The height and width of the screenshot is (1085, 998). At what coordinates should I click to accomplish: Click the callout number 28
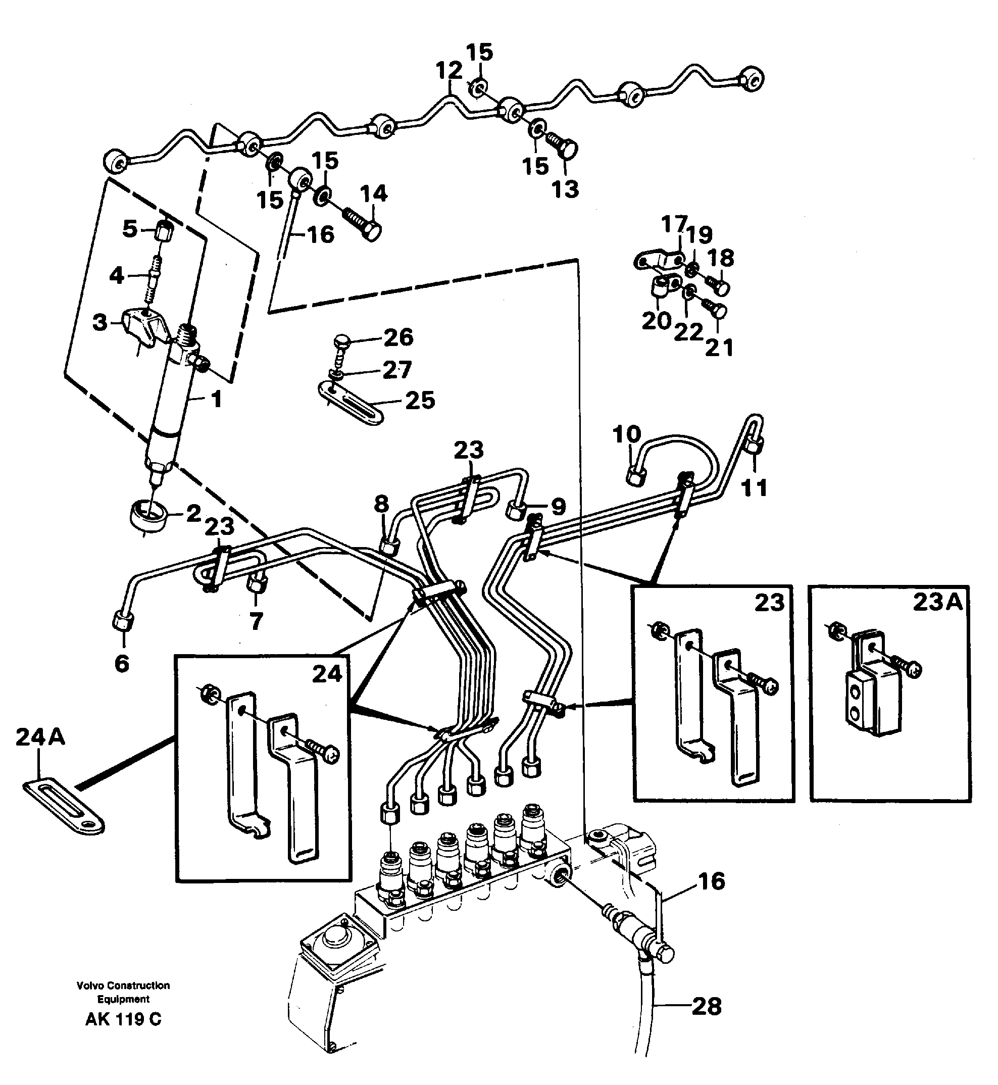pyautogui.click(x=707, y=1007)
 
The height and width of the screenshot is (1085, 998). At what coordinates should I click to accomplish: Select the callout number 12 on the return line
pyautogui.click(x=450, y=71)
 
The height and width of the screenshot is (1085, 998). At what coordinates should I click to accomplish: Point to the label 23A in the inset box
pyautogui.click(x=937, y=602)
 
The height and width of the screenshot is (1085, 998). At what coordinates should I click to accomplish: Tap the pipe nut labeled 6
pyautogui.click(x=123, y=621)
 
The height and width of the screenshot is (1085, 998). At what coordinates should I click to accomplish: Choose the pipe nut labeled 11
pyautogui.click(x=755, y=446)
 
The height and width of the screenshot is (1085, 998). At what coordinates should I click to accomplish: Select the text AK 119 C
pyautogui.click(x=123, y=1020)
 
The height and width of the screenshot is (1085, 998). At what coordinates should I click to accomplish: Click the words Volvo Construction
pyautogui.click(x=123, y=985)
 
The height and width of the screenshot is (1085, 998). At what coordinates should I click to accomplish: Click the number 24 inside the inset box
pyautogui.click(x=327, y=674)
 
